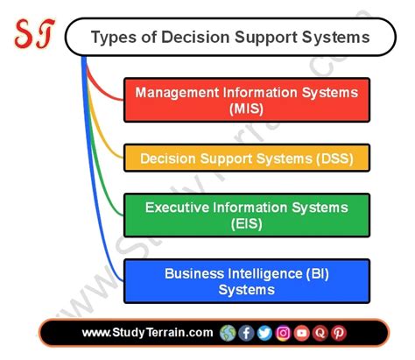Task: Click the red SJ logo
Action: tap(32, 35)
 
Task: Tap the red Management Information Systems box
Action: tap(246, 100)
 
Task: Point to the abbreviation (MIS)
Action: tap(246, 109)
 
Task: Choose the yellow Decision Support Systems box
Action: tap(246, 159)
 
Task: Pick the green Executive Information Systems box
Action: tap(246, 215)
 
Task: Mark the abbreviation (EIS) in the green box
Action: tap(246, 225)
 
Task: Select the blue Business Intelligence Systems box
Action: tap(246, 281)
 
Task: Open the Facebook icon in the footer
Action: tap(247, 333)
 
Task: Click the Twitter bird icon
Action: tap(264, 333)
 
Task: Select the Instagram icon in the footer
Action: tap(283, 333)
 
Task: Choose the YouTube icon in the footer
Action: tap(301, 333)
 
